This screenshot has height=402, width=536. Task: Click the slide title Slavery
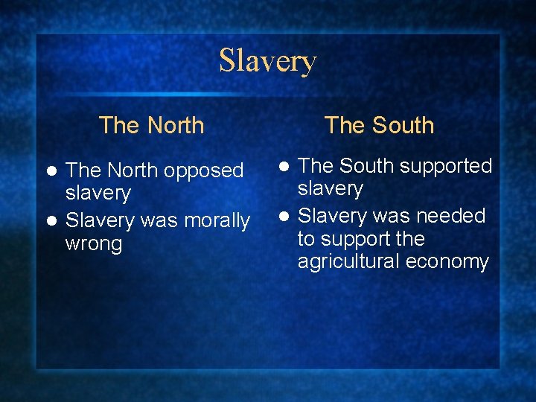tap(268, 61)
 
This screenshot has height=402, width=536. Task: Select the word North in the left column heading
tap(175, 125)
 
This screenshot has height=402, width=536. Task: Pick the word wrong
tap(94, 244)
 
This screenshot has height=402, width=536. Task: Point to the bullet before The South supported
tap(284, 166)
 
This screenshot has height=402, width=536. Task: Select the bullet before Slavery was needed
tap(284, 217)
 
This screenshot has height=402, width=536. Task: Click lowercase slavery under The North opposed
tap(98, 194)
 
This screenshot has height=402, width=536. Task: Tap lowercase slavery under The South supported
tap(331, 189)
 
